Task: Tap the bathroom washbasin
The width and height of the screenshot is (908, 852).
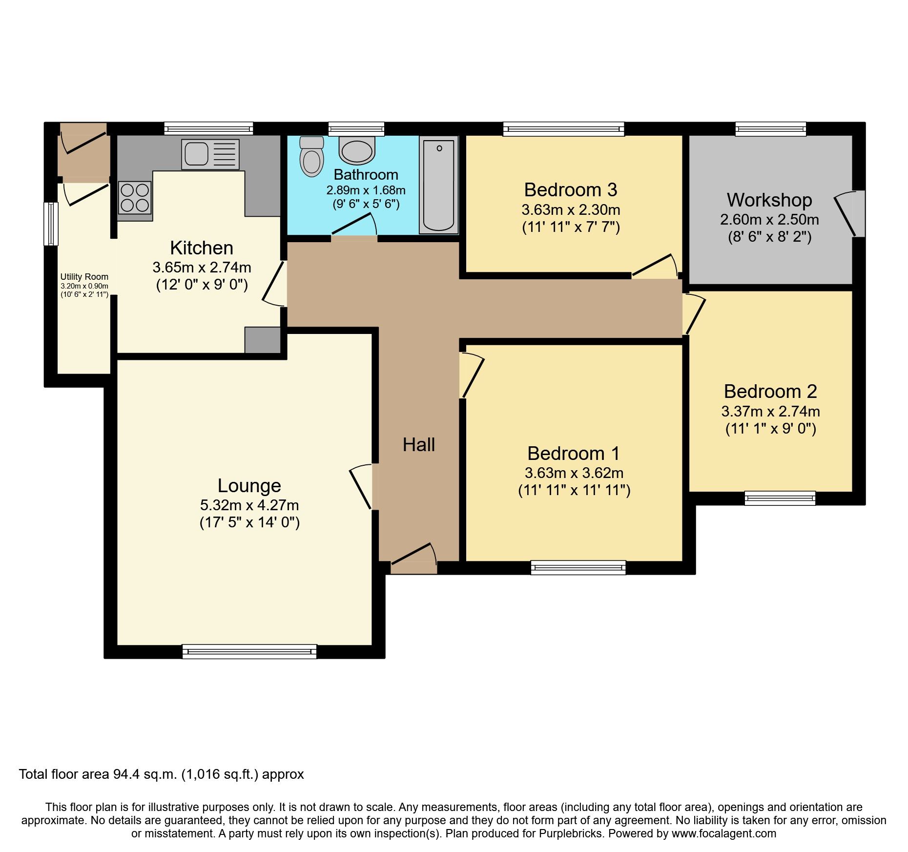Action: pos(357,150)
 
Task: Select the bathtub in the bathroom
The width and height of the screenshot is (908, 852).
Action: pos(438,185)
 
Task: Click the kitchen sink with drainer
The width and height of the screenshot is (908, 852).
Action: pos(210,154)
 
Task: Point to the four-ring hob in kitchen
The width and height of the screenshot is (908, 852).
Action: pos(135,197)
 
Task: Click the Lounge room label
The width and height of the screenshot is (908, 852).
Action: pos(249,486)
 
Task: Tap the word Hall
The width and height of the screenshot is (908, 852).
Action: pos(418,445)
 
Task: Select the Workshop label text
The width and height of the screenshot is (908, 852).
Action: pos(769,200)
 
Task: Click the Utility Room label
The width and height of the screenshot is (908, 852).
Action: pos(84,277)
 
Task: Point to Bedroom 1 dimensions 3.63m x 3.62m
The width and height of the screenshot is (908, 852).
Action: pos(574,473)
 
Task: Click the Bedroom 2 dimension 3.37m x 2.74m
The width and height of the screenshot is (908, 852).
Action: pos(770,411)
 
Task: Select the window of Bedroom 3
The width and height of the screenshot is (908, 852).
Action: pos(563,129)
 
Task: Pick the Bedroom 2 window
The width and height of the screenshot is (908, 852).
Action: pos(780,498)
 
